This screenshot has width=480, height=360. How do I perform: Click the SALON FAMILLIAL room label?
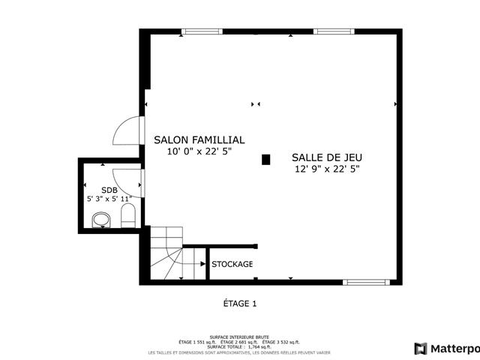(199, 139)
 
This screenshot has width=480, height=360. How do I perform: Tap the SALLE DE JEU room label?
(327, 157)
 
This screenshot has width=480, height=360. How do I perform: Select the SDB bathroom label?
(109, 190)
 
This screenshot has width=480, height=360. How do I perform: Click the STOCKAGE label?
(232, 264)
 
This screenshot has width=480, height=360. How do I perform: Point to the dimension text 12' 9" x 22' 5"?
(327, 169)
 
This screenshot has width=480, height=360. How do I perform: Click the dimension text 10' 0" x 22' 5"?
(199, 151)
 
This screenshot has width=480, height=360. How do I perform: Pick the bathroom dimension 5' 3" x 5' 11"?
(109, 199)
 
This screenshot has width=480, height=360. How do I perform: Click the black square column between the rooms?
(265, 159)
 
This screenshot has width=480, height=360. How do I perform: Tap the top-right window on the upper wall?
(333, 31)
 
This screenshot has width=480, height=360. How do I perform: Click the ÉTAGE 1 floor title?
(240, 304)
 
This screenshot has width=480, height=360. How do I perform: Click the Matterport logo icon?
(421, 348)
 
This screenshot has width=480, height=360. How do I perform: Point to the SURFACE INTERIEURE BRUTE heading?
(239, 337)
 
